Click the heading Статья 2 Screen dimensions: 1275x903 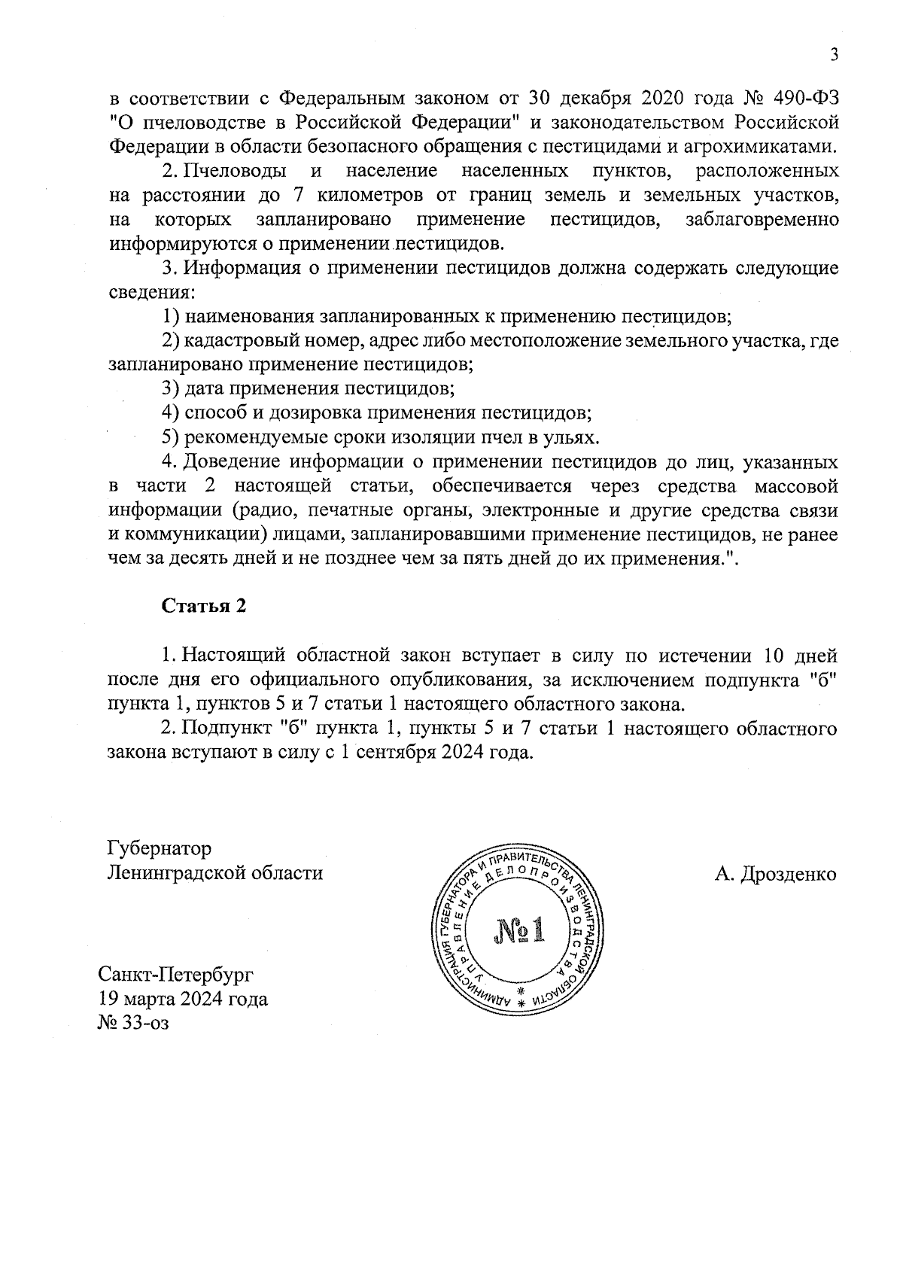[205, 607]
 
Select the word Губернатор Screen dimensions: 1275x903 [160, 848]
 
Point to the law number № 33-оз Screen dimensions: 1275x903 [134, 1024]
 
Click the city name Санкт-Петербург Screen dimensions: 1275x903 [176, 975]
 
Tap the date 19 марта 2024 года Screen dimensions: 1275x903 [183, 1000]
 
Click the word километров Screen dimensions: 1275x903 [369, 196]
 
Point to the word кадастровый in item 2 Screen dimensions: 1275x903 [238, 341]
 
